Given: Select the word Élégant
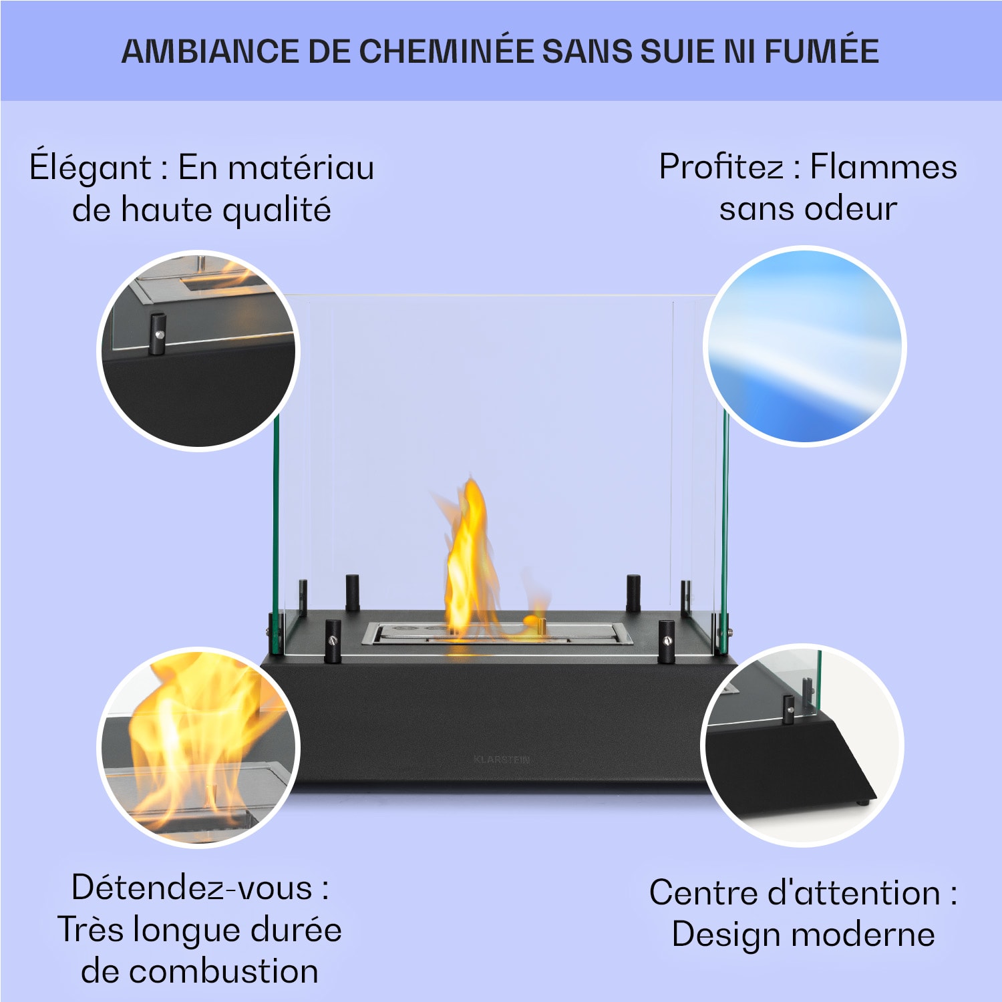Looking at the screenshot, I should (90, 167).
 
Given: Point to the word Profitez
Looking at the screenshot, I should (721, 166).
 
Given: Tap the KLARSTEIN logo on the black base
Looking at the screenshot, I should (502, 760).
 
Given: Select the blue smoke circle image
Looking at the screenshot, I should (805, 345).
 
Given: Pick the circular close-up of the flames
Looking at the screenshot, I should (198, 746).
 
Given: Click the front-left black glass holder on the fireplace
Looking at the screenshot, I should (332, 641).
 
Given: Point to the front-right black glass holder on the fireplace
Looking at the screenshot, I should (666, 641).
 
